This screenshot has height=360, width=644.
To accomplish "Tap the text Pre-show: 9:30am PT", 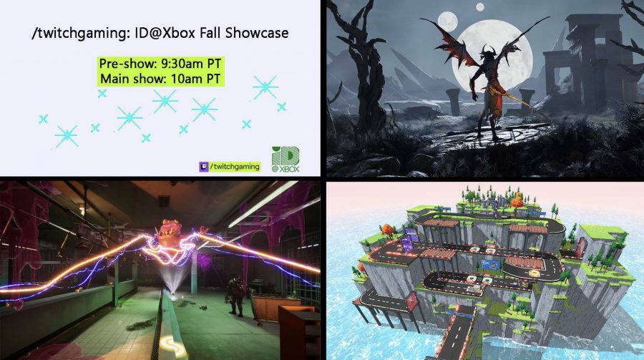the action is coord(160,64).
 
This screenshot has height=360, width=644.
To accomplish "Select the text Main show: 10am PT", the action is coord(160,79).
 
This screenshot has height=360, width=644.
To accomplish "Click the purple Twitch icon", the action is coord(204,167).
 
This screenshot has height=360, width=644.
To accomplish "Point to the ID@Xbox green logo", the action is coord(286,159).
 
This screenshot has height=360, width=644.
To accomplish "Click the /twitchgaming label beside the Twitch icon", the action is coord(235,167).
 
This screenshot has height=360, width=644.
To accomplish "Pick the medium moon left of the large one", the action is coord(448,21).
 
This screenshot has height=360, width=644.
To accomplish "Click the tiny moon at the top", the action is coord(479,7).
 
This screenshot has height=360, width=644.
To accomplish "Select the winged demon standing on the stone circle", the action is coord(489,82).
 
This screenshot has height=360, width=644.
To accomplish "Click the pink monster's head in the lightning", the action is coord(171,231).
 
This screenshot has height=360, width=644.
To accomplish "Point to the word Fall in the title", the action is coord(210,32).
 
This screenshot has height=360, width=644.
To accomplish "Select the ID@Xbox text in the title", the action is coord(165,32).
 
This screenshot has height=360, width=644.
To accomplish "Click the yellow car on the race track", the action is coord(535,273).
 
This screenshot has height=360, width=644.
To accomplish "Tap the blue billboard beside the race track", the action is coord(490,265).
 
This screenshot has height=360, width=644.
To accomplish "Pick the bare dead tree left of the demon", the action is coord(361,70).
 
